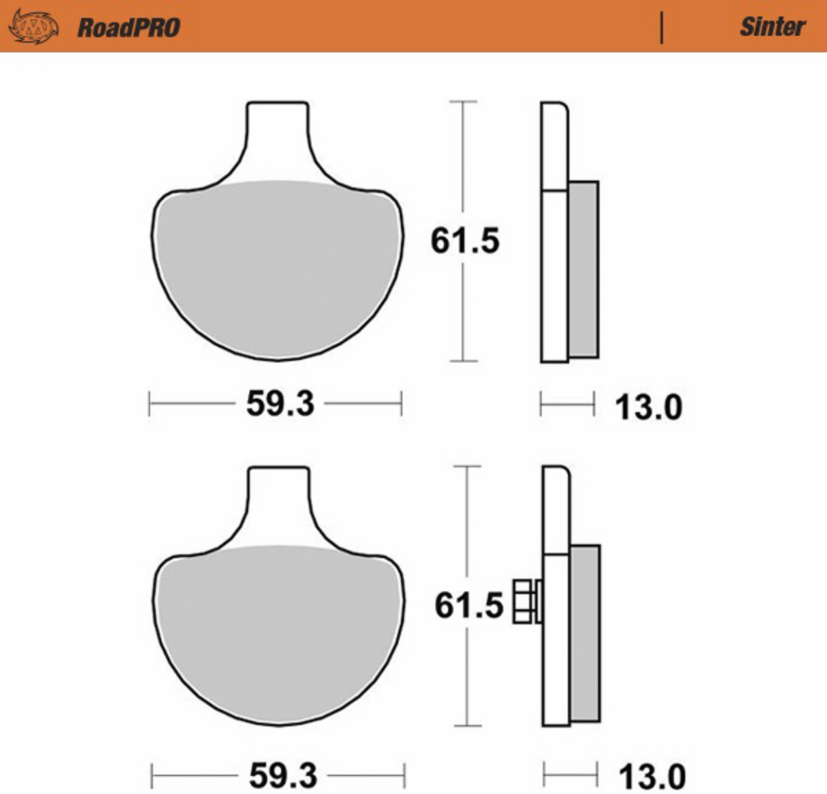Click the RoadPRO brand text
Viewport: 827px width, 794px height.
(x=128, y=27)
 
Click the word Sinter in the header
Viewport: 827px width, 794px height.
(x=772, y=27)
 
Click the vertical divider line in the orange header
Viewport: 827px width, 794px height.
(x=661, y=27)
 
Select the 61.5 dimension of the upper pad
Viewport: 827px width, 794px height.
(x=465, y=241)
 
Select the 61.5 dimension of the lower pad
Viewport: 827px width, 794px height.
(x=469, y=605)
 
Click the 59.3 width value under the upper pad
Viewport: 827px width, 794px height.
(x=280, y=403)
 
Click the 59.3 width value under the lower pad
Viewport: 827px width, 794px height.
(x=283, y=776)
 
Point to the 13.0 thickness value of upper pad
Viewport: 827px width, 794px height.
(x=648, y=408)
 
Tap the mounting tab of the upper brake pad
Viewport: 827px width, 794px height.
(x=277, y=136)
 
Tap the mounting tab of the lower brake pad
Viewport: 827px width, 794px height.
(x=279, y=501)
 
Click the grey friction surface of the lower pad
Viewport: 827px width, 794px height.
(x=279, y=634)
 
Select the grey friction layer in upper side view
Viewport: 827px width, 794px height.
(x=583, y=269)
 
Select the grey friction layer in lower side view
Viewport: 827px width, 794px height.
(x=585, y=633)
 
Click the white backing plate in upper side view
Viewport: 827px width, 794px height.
(x=554, y=273)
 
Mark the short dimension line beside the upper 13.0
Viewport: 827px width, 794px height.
(x=567, y=404)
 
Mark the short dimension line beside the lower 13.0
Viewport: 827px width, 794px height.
(x=570, y=775)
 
